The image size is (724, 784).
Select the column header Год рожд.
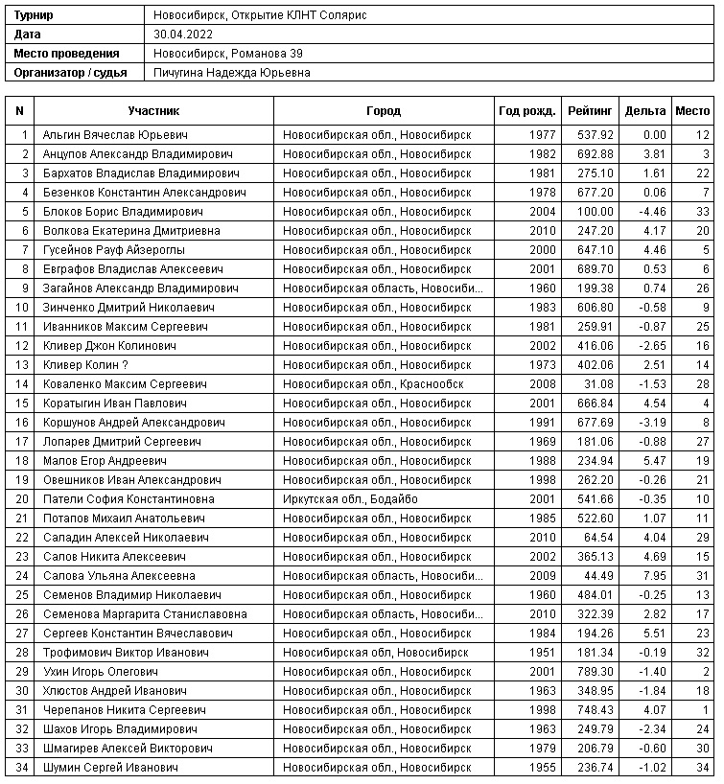coord(527,111)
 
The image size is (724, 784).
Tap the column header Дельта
coord(645,111)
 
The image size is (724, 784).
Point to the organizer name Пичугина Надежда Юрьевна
coord(231,73)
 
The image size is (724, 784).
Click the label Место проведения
coord(67,54)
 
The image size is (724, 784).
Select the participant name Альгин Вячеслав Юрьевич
coord(115,135)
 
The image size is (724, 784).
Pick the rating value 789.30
coord(596,672)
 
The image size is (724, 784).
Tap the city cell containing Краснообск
coord(373,384)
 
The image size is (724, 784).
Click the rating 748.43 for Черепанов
coord(596,710)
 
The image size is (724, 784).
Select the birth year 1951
coord(542,653)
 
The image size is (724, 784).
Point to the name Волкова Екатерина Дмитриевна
coord(131,231)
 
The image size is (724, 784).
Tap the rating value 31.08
coord(599,384)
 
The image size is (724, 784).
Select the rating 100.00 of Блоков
coord(596,212)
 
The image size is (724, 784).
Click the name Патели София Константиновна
coord(128,499)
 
